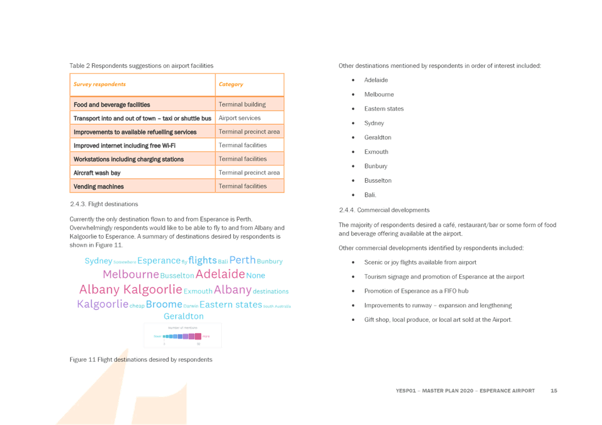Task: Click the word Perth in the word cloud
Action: point(242,260)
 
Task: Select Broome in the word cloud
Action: point(164,304)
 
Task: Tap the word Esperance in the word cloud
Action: point(159,260)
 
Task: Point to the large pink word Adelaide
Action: point(220,274)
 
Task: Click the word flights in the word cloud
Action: point(202,260)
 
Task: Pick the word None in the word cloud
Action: point(255,275)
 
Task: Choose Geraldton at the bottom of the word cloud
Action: point(183,316)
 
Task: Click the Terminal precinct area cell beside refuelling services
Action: point(250,132)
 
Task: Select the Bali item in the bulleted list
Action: point(370,195)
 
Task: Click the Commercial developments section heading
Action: point(384,210)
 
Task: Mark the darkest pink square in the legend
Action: point(198,336)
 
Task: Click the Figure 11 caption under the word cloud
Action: point(141,359)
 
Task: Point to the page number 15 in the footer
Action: point(553,391)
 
